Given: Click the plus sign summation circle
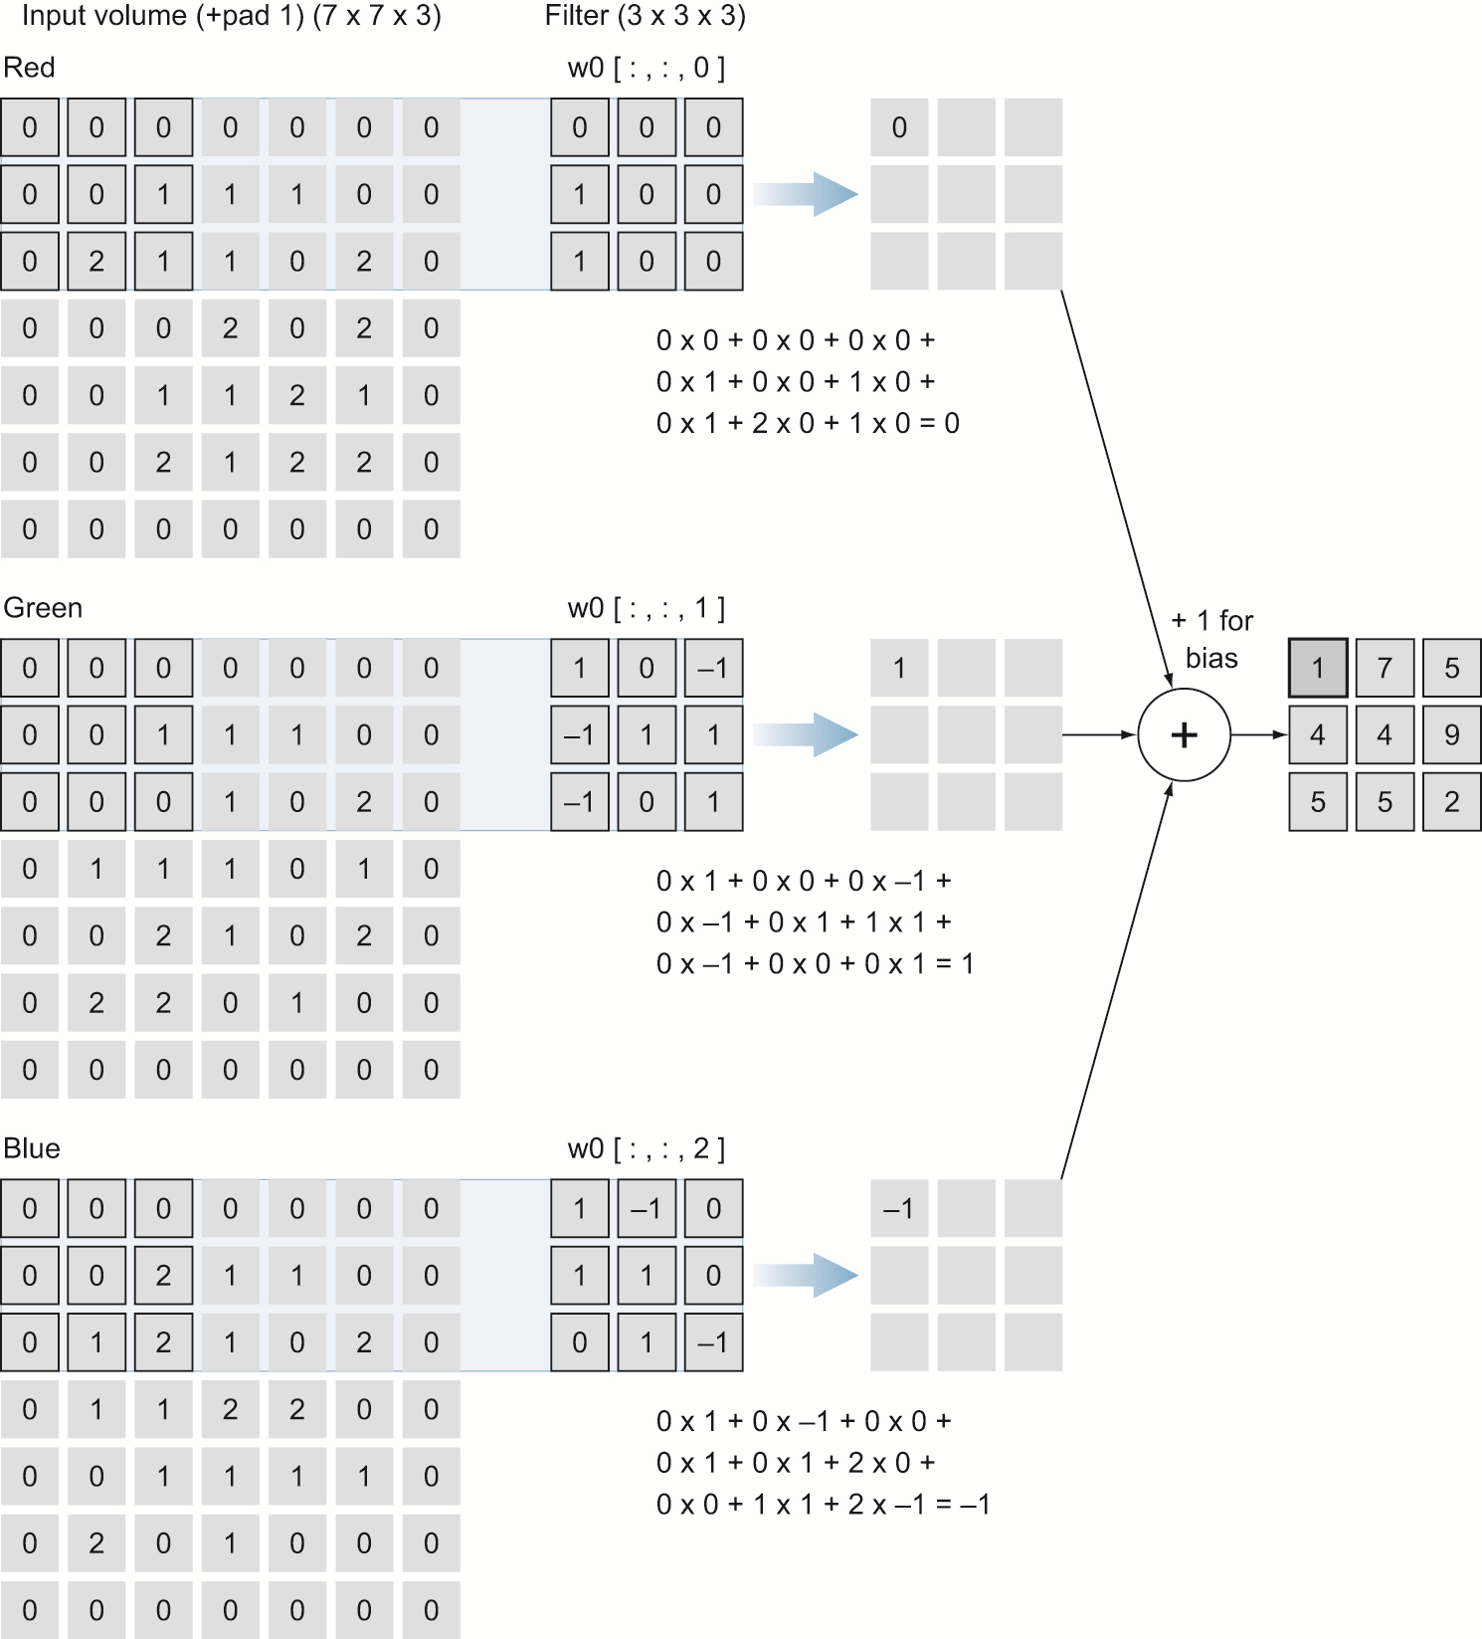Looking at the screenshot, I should pyautogui.click(x=1184, y=735).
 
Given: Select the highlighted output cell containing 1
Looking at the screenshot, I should pyautogui.click(x=1318, y=668).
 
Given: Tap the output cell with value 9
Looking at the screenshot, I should pyautogui.click(x=1451, y=735).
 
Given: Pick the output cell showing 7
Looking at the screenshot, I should pyautogui.click(x=1385, y=668).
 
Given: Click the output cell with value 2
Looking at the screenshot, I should pyautogui.click(x=1451, y=802).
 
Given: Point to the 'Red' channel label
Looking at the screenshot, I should pyautogui.click(x=29, y=68).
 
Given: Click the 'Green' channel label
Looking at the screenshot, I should pyautogui.click(x=43, y=608).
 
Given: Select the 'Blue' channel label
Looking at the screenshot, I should pyautogui.click(x=32, y=1148).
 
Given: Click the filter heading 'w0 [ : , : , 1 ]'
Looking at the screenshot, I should pyautogui.click(x=646, y=608).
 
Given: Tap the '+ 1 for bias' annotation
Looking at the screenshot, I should pyautogui.click(x=1211, y=639).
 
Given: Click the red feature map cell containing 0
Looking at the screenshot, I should pyautogui.click(x=899, y=127).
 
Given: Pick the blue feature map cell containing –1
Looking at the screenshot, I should pyautogui.click(x=899, y=1208).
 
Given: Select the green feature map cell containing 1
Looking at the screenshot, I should pyautogui.click(x=899, y=668).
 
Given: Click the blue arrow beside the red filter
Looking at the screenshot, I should pyautogui.click(x=805, y=194).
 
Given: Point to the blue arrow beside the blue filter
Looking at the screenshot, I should pyautogui.click(x=805, y=1275).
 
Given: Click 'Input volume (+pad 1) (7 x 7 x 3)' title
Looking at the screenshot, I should pyautogui.click(x=231, y=16).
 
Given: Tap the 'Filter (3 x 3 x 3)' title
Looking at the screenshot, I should pyautogui.click(x=645, y=16).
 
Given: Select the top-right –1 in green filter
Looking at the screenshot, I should pyautogui.click(x=713, y=668).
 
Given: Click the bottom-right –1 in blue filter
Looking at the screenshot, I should pyautogui.click(x=713, y=1342).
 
